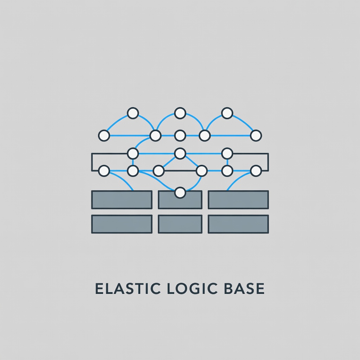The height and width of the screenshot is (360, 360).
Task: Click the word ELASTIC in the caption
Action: (x=128, y=289)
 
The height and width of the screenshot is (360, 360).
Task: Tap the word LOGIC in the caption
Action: (x=192, y=289)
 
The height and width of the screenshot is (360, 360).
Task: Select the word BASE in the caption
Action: (x=244, y=289)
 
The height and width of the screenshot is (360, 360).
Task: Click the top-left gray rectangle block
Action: (x=122, y=200)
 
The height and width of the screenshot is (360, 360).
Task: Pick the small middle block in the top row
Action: (x=180, y=200)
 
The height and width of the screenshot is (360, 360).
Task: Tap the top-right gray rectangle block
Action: (x=238, y=200)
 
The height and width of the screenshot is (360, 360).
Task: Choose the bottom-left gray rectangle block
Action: (x=122, y=224)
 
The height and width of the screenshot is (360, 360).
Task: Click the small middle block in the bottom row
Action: (x=180, y=224)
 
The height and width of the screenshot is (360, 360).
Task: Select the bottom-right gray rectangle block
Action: (x=238, y=224)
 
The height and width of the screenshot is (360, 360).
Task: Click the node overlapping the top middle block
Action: (x=180, y=193)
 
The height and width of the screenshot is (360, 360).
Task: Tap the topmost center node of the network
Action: (x=180, y=113)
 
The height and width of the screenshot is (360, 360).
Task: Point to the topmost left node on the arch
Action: (x=133, y=113)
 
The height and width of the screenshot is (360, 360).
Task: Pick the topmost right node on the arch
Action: (x=227, y=113)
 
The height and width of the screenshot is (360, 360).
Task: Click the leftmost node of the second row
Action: (x=104, y=135)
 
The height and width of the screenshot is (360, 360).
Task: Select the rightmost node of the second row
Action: (x=256, y=135)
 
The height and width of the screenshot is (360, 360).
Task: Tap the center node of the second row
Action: (x=180, y=135)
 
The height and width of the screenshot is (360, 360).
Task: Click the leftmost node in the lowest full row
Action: (x=104, y=171)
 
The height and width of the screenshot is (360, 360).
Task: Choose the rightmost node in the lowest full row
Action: (x=256, y=171)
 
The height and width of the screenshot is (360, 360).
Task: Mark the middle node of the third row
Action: (x=180, y=153)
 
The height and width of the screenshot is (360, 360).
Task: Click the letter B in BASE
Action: (x=228, y=289)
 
